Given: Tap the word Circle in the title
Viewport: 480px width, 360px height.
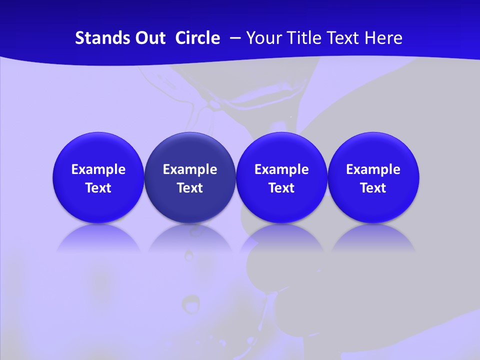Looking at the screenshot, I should [197, 38].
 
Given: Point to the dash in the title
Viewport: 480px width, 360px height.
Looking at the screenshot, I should [233, 38].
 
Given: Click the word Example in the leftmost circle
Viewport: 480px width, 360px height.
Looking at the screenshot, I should [98, 169].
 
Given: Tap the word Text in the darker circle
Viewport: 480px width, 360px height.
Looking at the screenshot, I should [190, 188].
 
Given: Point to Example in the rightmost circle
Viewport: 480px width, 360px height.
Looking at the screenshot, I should [373, 169].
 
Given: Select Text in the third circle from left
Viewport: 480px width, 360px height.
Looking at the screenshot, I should [281, 188].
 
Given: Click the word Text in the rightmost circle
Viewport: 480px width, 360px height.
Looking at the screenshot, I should [373, 188].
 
